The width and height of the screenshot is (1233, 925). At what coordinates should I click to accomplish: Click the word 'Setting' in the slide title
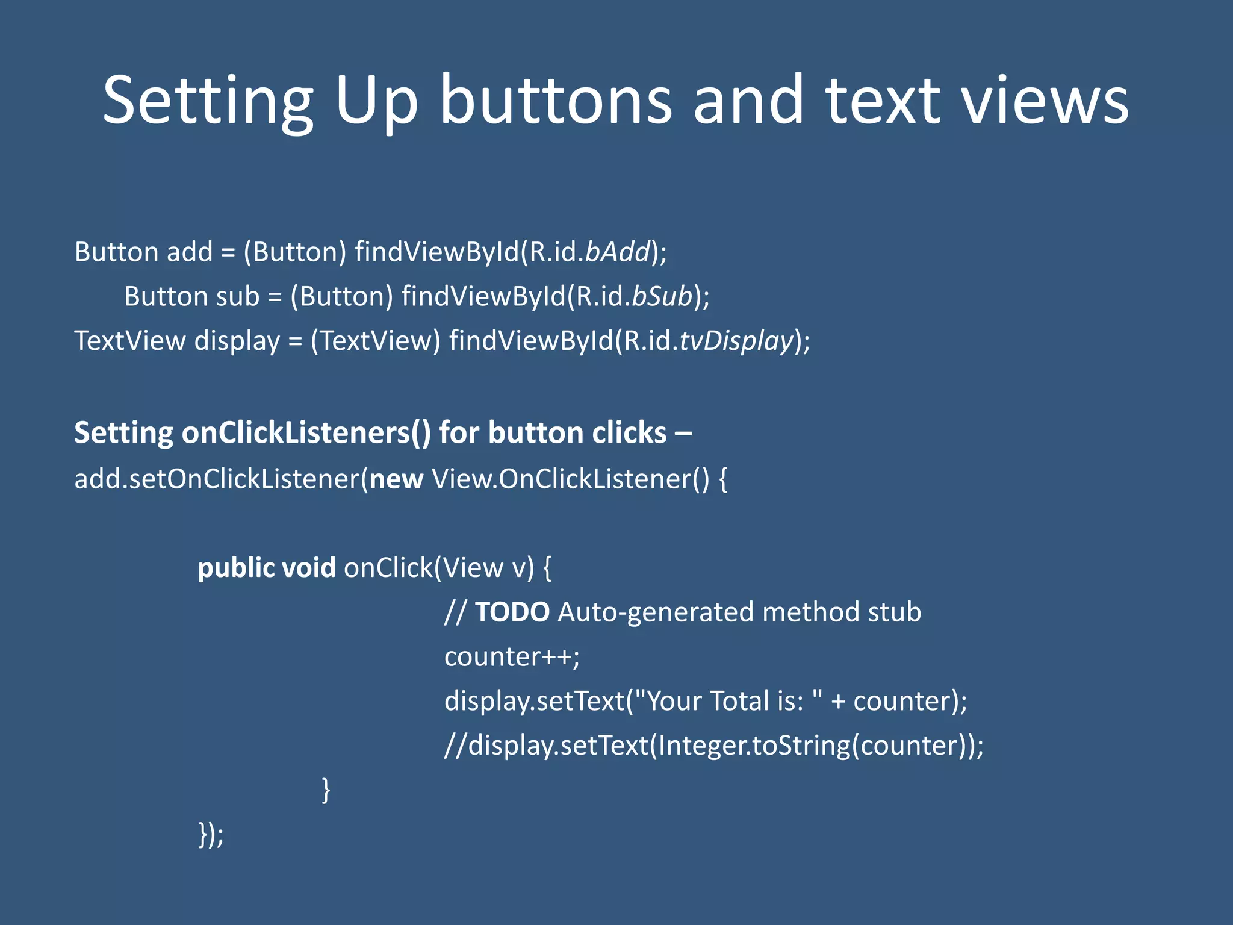point(208,101)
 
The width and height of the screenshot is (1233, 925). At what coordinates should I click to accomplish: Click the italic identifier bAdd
point(618,252)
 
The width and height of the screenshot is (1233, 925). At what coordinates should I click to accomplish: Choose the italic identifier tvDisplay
point(736,341)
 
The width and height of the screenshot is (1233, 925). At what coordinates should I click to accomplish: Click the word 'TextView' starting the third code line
point(129,341)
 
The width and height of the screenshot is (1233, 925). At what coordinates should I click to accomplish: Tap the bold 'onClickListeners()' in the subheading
point(306,433)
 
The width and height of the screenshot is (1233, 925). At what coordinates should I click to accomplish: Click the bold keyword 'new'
point(396,479)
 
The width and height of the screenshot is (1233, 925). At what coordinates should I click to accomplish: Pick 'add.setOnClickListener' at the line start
point(217,479)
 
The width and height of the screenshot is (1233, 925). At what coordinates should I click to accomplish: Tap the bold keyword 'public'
point(236,568)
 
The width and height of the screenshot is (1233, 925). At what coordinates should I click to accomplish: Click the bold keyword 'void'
point(308,568)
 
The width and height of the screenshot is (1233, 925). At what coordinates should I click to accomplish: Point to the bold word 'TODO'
point(512,612)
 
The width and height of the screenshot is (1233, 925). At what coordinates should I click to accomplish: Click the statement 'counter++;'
point(512,657)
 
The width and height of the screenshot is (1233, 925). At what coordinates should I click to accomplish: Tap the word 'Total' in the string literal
point(741,701)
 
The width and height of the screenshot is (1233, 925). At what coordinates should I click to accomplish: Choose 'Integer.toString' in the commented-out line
point(754,746)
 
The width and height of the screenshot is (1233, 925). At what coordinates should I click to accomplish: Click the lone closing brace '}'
point(326,790)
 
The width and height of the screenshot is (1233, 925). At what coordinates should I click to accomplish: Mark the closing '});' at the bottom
point(211,835)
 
